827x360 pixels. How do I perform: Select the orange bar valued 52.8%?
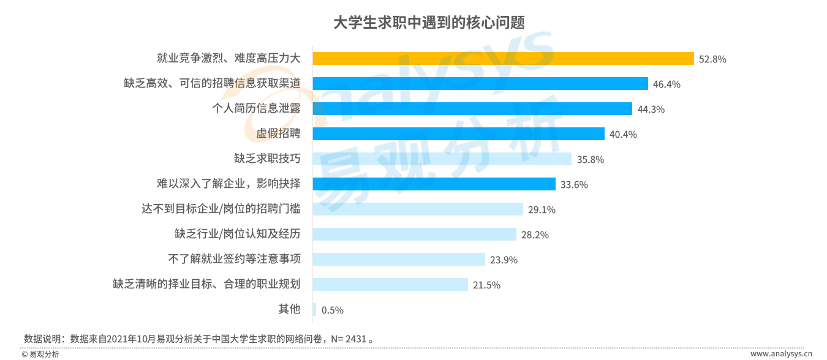click(503, 59)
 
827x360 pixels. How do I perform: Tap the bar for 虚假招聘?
click(458, 134)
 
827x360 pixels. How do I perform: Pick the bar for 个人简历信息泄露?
click(472, 109)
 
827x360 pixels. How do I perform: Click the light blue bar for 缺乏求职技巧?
click(442, 159)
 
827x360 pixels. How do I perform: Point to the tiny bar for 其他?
click(314, 310)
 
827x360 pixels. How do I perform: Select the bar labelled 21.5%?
click(391, 285)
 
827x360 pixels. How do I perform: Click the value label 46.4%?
click(667, 84)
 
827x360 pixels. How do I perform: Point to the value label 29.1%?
click(542, 210)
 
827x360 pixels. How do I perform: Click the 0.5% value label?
click(332, 310)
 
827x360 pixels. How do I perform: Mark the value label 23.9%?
click(504, 260)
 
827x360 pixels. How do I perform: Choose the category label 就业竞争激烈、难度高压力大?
click(228, 59)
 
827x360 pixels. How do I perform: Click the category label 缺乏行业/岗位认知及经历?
click(237, 234)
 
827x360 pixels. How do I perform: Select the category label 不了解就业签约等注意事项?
click(234, 259)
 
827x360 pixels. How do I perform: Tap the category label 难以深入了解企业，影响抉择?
click(228, 184)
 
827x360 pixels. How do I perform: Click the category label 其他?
click(289, 309)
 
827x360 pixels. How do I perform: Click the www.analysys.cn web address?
click(781, 353)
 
